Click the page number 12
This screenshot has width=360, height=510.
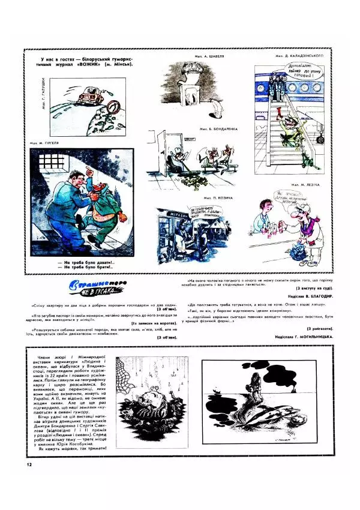pyautogui.click(x=28, y=464)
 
